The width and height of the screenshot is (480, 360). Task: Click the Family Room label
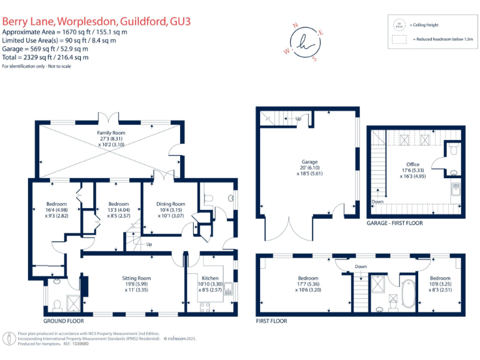[111, 133]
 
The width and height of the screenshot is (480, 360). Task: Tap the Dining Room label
[171, 204]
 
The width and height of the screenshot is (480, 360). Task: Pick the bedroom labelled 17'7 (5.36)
[308, 278]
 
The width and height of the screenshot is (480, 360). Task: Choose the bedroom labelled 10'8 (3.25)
[439, 278]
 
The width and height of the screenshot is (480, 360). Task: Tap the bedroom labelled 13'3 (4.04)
[118, 204]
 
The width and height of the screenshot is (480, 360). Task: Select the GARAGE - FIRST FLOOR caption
[394, 222]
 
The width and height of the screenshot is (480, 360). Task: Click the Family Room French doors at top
[110, 117]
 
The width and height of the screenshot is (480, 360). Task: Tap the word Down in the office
[377, 202]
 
